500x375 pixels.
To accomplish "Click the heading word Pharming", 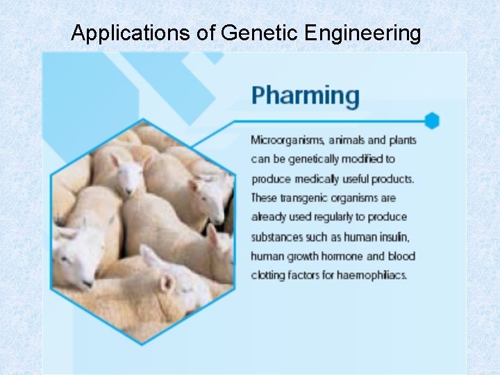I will [x=305, y=96].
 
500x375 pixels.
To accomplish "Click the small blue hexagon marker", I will [x=432, y=120].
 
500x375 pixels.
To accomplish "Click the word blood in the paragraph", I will [x=401, y=256].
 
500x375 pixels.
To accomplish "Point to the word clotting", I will [x=269, y=275].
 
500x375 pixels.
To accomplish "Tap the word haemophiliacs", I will [x=372, y=275].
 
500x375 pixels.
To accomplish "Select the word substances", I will [x=276, y=237].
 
